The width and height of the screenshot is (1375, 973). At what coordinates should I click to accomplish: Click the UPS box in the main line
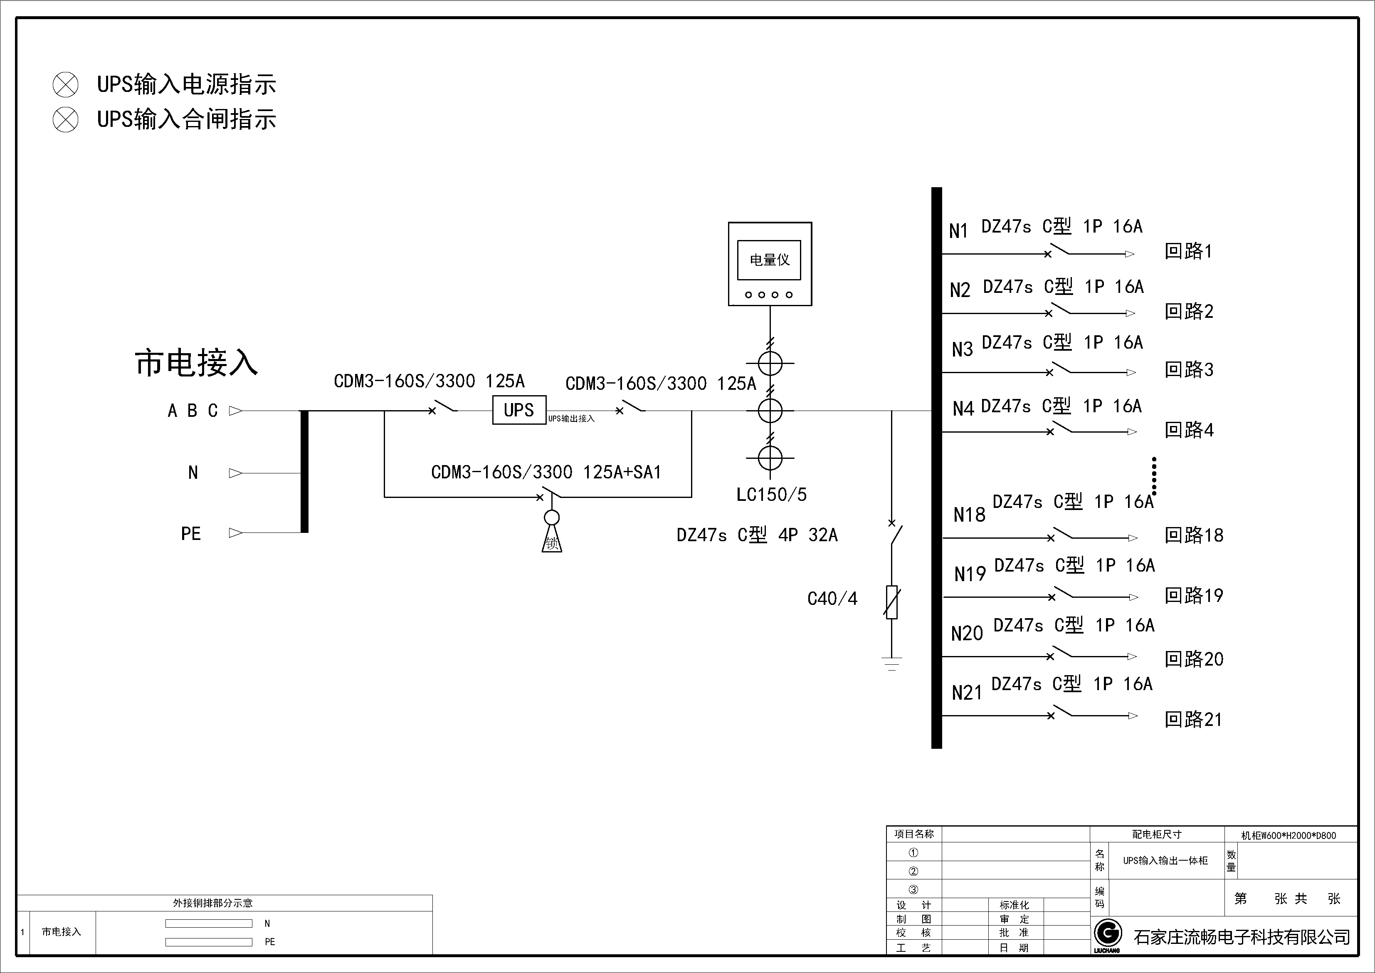pyautogui.click(x=518, y=411)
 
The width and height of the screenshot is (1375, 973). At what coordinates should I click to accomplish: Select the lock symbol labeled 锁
pyautogui.click(x=552, y=542)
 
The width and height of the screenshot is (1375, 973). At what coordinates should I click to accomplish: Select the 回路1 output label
pyautogui.click(x=1188, y=251)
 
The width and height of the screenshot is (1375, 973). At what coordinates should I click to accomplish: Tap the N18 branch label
pyautogui.click(x=969, y=515)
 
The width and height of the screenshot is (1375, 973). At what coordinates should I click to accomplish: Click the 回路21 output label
pyautogui.click(x=1193, y=719)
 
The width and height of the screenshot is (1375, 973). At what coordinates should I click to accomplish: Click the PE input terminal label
pyautogui.click(x=190, y=534)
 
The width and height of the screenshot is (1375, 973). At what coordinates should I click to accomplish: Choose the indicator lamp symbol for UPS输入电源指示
pyautogui.click(x=65, y=84)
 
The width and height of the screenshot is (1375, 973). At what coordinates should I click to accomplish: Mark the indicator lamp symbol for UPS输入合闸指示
pyautogui.click(x=65, y=120)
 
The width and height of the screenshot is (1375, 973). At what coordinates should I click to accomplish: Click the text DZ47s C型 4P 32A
pyautogui.click(x=757, y=535)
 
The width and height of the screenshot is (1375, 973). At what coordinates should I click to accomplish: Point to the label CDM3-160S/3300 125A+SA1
pyautogui.click(x=546, y=472)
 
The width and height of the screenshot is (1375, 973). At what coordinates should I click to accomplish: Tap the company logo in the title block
pyautogui.click(x=1107, y=933)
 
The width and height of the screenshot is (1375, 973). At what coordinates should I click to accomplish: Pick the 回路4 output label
pyautogui.click(x=1189, y=430)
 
